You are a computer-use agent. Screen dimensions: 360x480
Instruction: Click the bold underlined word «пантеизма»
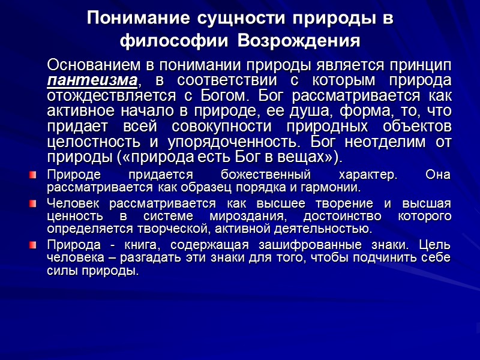93,80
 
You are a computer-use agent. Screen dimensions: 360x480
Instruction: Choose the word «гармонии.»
333,187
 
